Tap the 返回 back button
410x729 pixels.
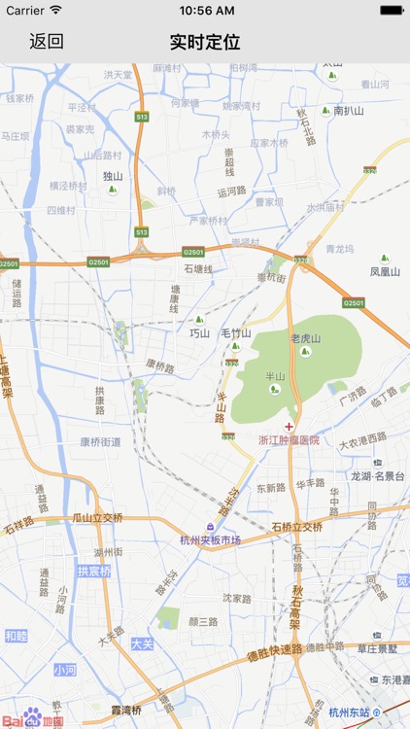(x=46, y=42)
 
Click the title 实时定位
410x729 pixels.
(x=205, y=42)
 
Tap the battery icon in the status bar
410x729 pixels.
(x=392, y=10)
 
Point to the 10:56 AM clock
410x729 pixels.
(x=205, y=10)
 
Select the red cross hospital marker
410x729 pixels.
(x=289, y=427)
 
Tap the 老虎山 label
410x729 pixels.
(x=305, y=338)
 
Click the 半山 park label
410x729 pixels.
(x=275, y=376)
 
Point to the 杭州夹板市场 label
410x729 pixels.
(x=210, y=540)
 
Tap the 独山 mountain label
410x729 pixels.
(x=113, y=176)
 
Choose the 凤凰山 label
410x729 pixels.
(x=385, y=272)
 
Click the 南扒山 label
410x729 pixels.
(x=348, y=111)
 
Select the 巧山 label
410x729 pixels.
(x=200, y=332)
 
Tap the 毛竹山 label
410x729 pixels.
(x=235, y=332)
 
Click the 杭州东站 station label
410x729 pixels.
(x=350, y=712)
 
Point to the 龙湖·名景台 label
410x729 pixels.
(x=377, y=476)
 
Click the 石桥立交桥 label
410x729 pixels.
(x=296, y=527)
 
